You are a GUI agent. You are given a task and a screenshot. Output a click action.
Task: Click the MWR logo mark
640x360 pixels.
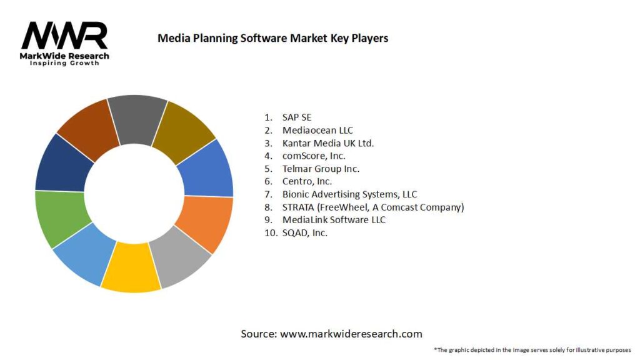tap(64, 36)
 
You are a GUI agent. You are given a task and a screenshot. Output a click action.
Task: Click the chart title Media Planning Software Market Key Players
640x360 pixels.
tap(272, 38)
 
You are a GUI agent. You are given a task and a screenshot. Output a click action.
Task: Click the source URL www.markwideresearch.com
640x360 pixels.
tap(351, 334)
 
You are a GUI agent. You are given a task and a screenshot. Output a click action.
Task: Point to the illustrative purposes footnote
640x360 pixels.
tap(532, 349)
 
